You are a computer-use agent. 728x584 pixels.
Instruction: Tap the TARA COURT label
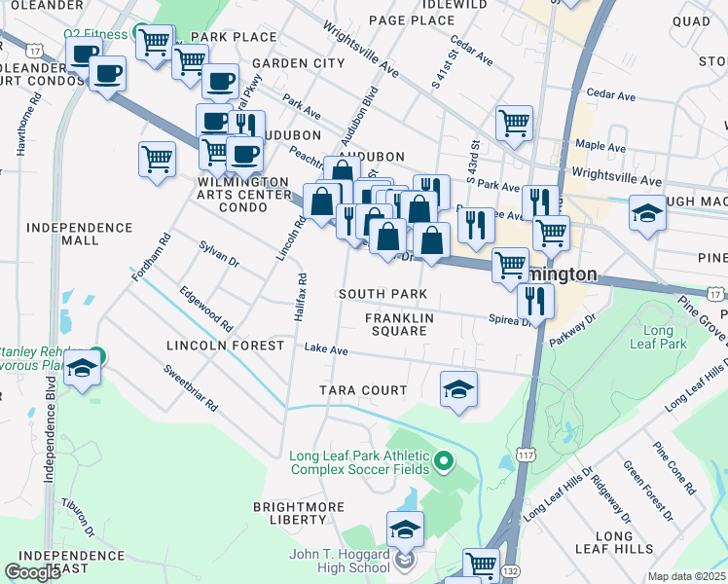[x=364, y=390]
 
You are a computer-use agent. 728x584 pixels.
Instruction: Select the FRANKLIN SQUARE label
[x=396, y=324]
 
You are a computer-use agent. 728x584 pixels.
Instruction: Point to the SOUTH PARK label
[x=382, y=294]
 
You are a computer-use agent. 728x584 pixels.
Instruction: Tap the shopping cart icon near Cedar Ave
[x=514, y=123]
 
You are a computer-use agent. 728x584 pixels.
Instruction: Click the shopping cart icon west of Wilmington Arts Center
[x=157, y=159]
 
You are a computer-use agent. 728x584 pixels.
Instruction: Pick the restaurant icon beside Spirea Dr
[x=534, y=300]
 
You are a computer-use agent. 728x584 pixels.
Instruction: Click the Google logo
[x=32, y=571]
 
